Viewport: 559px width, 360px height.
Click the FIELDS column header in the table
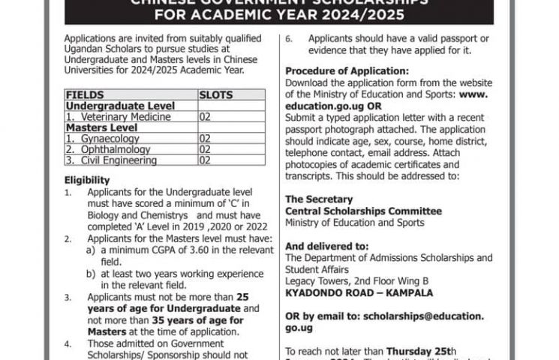pos(85,96)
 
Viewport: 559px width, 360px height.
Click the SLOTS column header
pos(215,96)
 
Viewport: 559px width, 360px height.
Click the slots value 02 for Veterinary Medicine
pos(205,118)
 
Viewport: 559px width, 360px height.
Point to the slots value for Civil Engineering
pos(205,160)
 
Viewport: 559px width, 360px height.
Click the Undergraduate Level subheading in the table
pos(120,106)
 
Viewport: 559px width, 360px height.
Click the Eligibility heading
pos(87,180)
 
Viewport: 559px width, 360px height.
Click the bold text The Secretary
pos(318,199)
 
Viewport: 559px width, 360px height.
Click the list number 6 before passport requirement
pos(289,38)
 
